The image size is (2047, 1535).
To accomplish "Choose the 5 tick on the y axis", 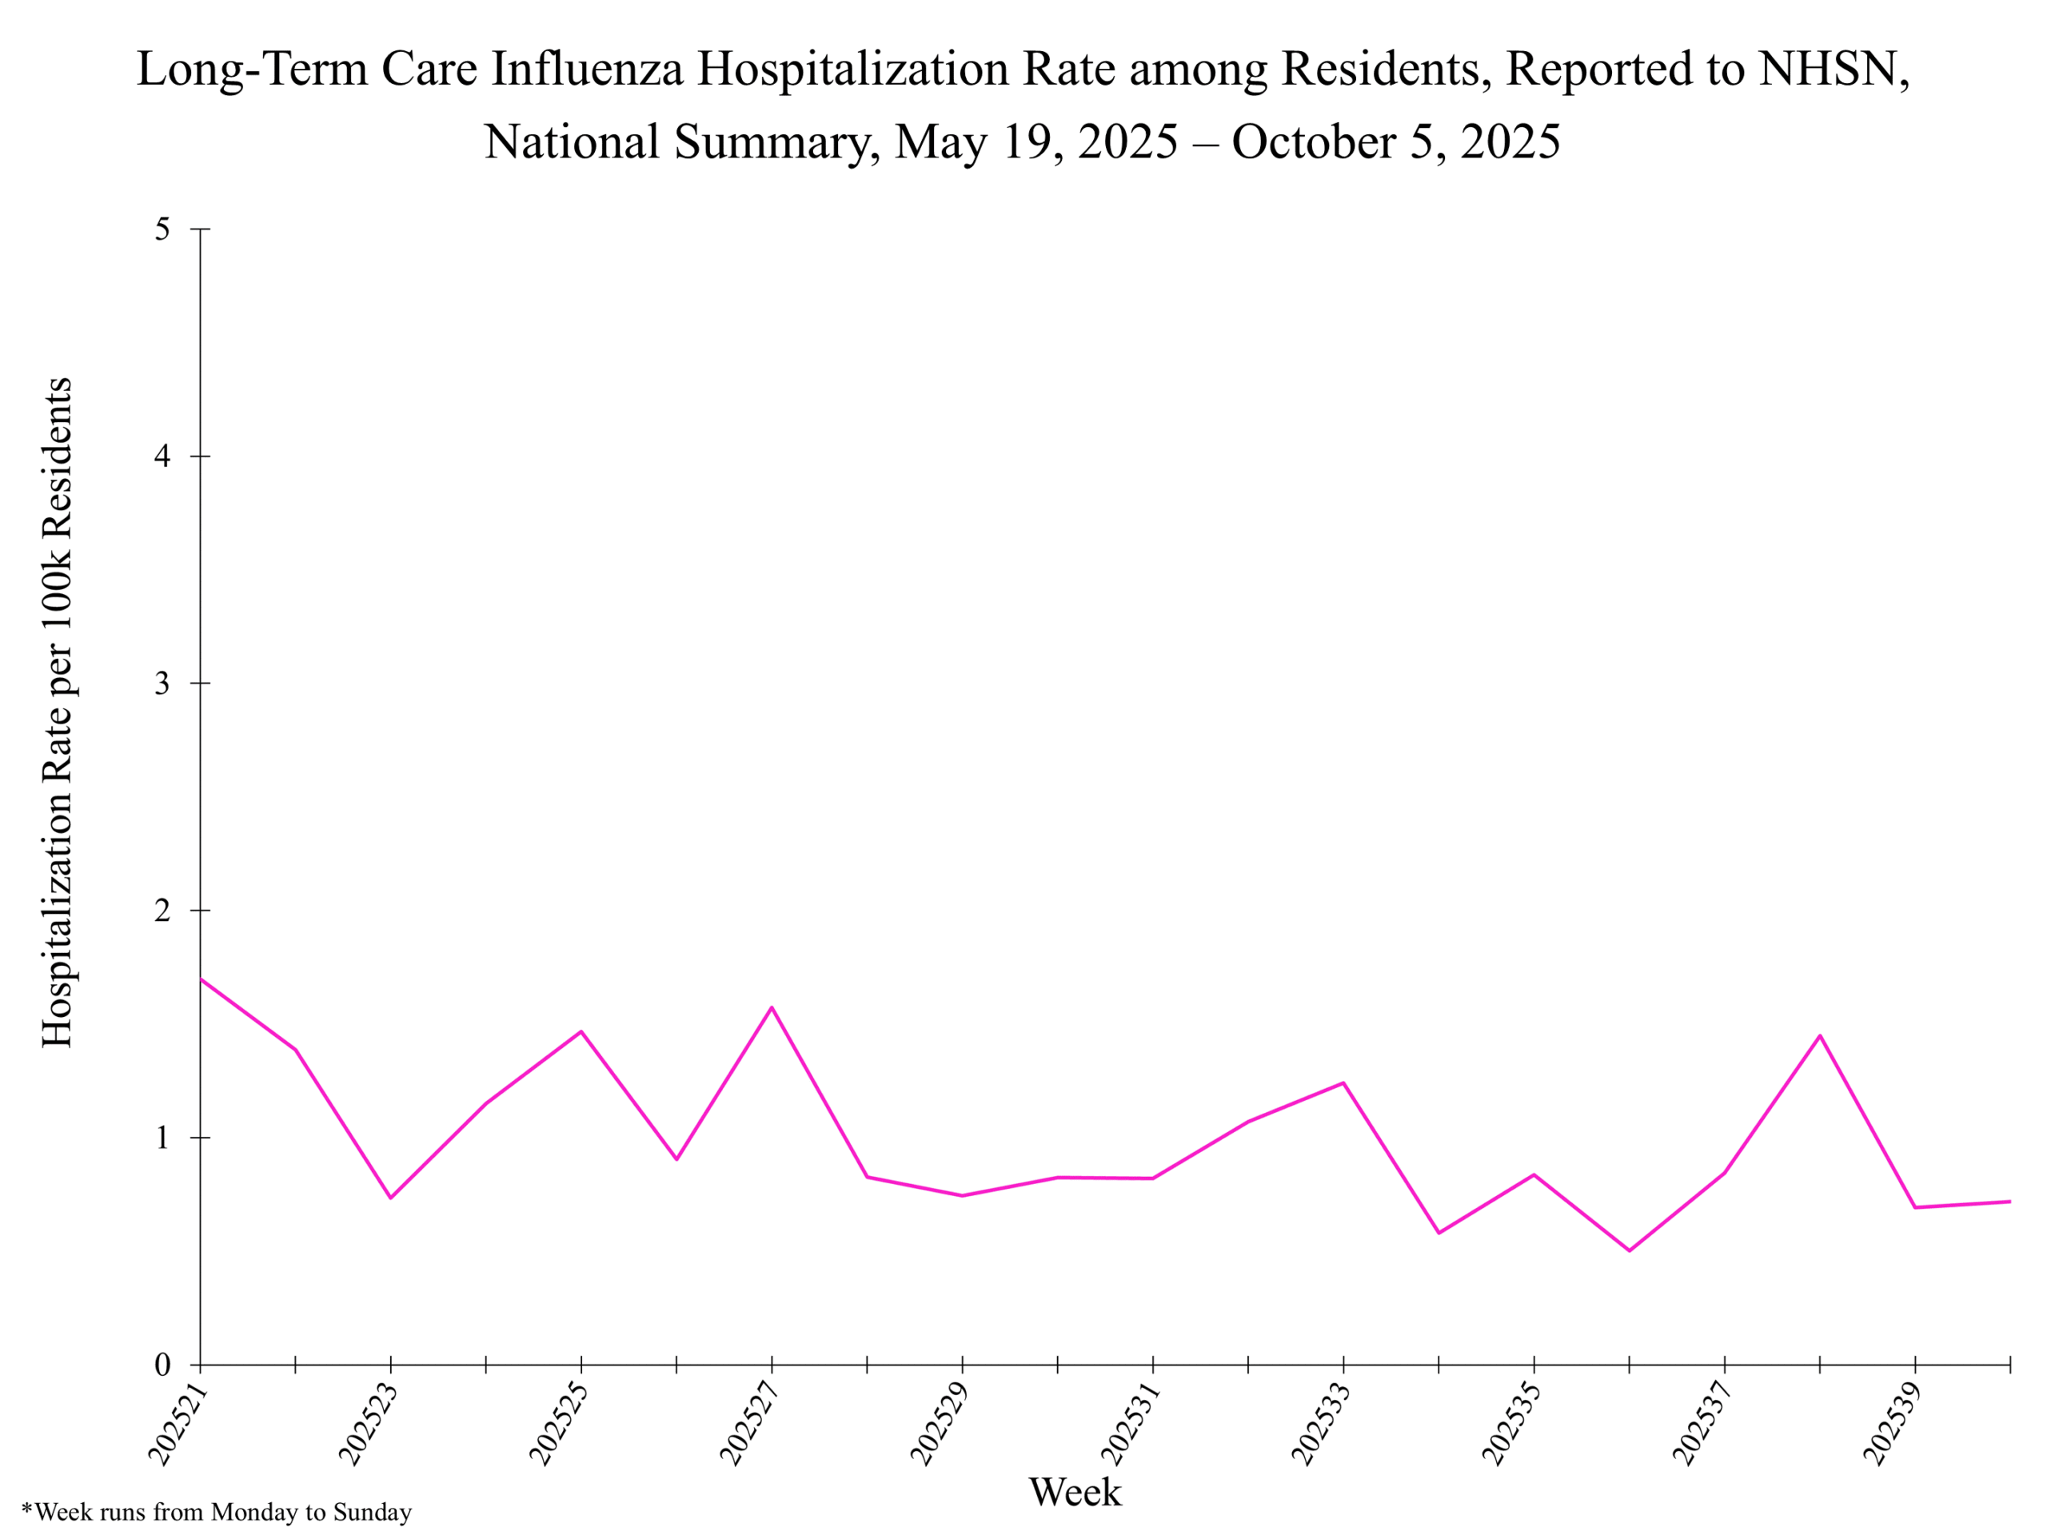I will point(163,229).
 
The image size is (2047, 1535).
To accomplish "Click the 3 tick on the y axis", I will point(163,684).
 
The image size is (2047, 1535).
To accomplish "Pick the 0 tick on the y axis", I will point(163,1365).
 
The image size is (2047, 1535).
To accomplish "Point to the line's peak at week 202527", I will point(772,1007).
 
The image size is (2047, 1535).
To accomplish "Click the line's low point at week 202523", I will point(390,1198).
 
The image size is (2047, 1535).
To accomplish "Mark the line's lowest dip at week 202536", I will point(1630,1251).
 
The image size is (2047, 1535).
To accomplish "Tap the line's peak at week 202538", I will point(1820,1035).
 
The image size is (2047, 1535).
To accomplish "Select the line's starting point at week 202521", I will point(201,978).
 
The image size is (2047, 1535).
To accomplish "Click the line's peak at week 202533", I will point(1343,1082).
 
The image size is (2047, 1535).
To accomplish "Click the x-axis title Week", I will point(1075,1492).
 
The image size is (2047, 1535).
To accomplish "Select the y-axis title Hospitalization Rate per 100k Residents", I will point(58,712).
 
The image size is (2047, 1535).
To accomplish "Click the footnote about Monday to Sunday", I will point(217,1513).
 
